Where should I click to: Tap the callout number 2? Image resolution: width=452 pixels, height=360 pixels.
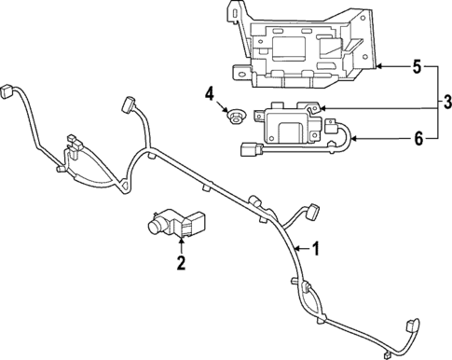click(182, 262)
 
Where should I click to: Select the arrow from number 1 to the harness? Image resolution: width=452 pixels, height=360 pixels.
click(299, 248)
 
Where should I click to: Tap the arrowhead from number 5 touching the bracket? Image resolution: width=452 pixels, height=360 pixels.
click(379, 66)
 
